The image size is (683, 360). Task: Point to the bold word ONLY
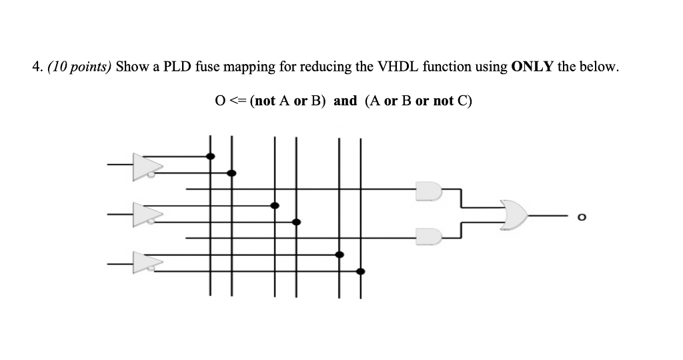coord(532,67)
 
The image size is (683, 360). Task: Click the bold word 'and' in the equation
coord(345,101)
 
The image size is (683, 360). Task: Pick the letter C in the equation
coord(462,101)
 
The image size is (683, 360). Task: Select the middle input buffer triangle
coord(146,213)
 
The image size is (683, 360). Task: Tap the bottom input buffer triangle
coord(146,262)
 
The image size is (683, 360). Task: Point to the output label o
coord(582,216)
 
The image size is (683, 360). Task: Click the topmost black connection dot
coord(210,156)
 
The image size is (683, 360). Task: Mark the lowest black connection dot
coord(361,271)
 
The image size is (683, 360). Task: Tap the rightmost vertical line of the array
coord(361,213)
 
